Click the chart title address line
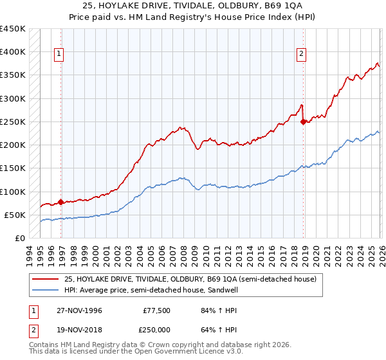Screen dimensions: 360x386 click(x=192, y=6)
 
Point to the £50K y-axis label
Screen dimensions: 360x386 click(x=15, y=215)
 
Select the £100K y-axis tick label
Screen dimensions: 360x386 click(x=12, y=192)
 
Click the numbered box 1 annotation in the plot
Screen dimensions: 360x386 click(x=59, y=55)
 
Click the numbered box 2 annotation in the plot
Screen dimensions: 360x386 click(x=301, y=55)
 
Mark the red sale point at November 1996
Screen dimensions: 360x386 click(x=60, y=202)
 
